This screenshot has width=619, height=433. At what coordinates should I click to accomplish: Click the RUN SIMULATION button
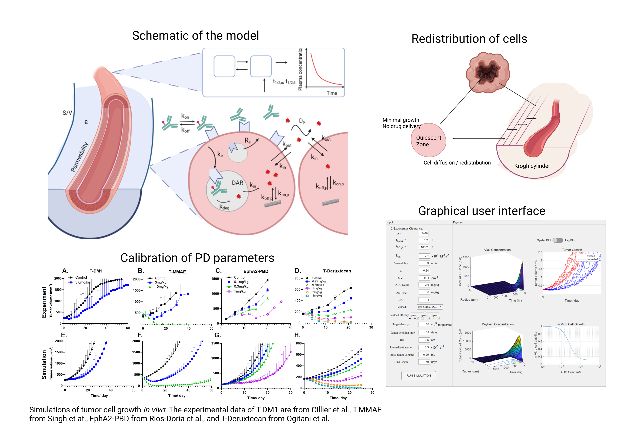[418, 375]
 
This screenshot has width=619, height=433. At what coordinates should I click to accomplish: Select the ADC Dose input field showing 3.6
[424, 285]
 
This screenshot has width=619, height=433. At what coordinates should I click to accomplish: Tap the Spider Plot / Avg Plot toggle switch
[558, 240]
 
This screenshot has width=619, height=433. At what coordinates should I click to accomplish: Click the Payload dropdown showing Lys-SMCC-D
[430, 307]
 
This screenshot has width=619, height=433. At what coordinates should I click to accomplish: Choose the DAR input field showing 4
[424, 300]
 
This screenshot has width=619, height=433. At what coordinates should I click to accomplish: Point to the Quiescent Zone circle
[428, 140]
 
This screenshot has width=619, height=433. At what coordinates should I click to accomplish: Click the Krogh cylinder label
[532, 166]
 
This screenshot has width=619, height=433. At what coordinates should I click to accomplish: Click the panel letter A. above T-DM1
[65, 271]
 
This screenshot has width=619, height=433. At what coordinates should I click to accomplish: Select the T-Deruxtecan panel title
[337, 271]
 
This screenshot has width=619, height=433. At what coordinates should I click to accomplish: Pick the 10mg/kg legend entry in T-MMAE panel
[161, 287]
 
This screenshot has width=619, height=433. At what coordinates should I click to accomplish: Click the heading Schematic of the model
[195, 35]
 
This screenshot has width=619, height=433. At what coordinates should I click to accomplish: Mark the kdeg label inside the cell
[224, 207]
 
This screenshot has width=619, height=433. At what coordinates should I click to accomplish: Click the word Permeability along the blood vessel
[79, 157]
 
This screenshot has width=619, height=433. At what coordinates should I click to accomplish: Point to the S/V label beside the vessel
[67, 113]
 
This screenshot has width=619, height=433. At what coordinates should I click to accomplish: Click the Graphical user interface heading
[482, 211]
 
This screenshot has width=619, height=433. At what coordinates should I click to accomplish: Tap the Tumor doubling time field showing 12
[424, 333]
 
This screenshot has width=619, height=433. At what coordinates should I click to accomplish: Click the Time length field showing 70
[424, 362]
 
